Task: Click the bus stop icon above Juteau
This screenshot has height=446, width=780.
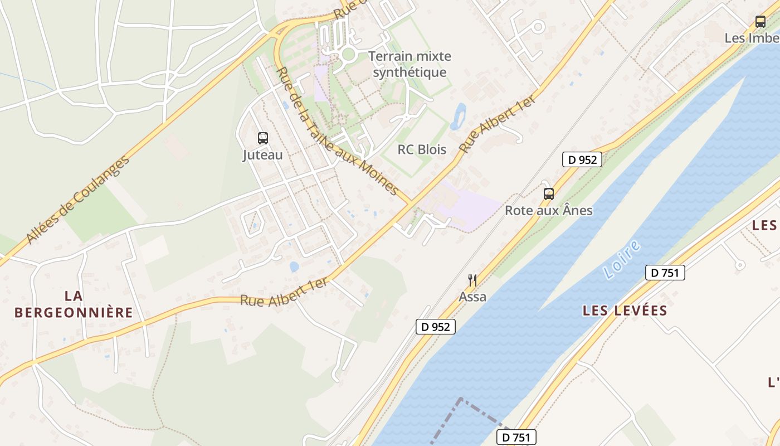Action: pyautogui.click(x=262, y=138)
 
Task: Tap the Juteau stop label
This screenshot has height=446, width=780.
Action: pyautogui.click(x=262, y=155)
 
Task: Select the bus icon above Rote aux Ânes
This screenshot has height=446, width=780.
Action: pyautogui.click(x=549, y=193)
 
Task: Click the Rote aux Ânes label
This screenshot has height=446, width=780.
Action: pyautogui.click(x=549, y=211)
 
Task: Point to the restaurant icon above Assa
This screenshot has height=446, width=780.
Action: pyautogui.click(x=472, y=280)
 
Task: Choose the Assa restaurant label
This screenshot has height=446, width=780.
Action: pyautogui.click(x=472, y=297)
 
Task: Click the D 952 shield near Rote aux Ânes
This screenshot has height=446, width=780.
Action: pyautogui.click(x=582, y=159)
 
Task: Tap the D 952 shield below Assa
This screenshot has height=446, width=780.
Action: pyautogui.click(x=436, y=327)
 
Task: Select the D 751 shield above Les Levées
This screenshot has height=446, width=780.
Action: pyautogui.click(x=665, y=273)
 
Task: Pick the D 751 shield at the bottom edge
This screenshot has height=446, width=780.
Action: pyautogui.click(x=516, y=437)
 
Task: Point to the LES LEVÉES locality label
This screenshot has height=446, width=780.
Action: pyautogui.click(x=625, y=311)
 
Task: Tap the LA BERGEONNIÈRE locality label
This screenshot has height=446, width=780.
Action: pyautogui.click(x=74, y=304)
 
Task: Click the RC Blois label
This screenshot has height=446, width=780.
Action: pyautogui.click(x=422, y=149)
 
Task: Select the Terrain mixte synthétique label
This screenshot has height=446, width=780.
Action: pyautogui.click(x=409, y=64)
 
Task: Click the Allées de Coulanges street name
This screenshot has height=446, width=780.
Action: pyautogui.click(x=78, y=200)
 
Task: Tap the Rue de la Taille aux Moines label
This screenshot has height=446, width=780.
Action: pyautogui.click(x=337, y=132)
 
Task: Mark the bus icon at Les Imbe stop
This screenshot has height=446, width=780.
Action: pyautogui.click(x=760, y=22)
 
